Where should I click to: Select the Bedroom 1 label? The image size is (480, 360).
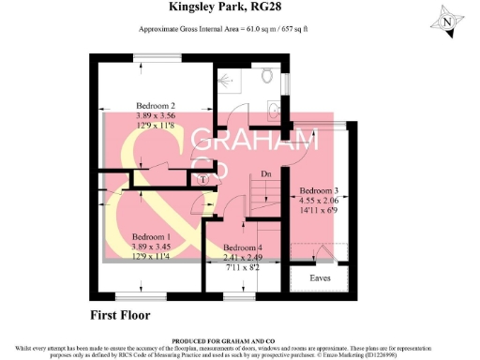[x=150, y=236]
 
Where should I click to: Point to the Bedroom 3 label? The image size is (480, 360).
[x=320, y=191]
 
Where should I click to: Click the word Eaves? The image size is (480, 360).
[x=320, y=278]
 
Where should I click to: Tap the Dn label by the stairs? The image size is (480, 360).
[x=266, y=173]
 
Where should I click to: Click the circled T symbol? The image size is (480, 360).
[x=204, y=178]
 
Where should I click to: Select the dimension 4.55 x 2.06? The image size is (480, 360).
[x=320, y=201]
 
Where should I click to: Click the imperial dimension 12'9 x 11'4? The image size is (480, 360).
[x=150, y=255]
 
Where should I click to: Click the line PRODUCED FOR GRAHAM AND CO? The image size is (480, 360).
[x=240, y=341]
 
